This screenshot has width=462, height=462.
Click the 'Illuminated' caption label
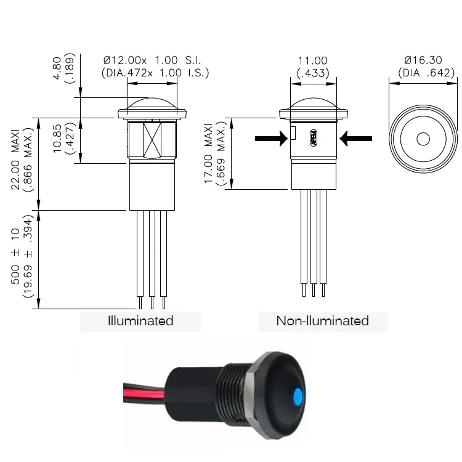tap(140, 320)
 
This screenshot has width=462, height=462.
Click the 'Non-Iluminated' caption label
tap(322, 320)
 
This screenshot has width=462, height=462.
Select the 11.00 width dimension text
tap(313, 60)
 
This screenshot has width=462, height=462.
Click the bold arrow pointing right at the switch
tap(272, 139)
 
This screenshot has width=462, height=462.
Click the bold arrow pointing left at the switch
tap(355, 139)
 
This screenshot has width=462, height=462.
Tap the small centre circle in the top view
tap(423, 139)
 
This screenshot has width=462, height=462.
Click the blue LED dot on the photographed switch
tap(298, 394)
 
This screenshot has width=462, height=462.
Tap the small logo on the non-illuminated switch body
tap(313, 137)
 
